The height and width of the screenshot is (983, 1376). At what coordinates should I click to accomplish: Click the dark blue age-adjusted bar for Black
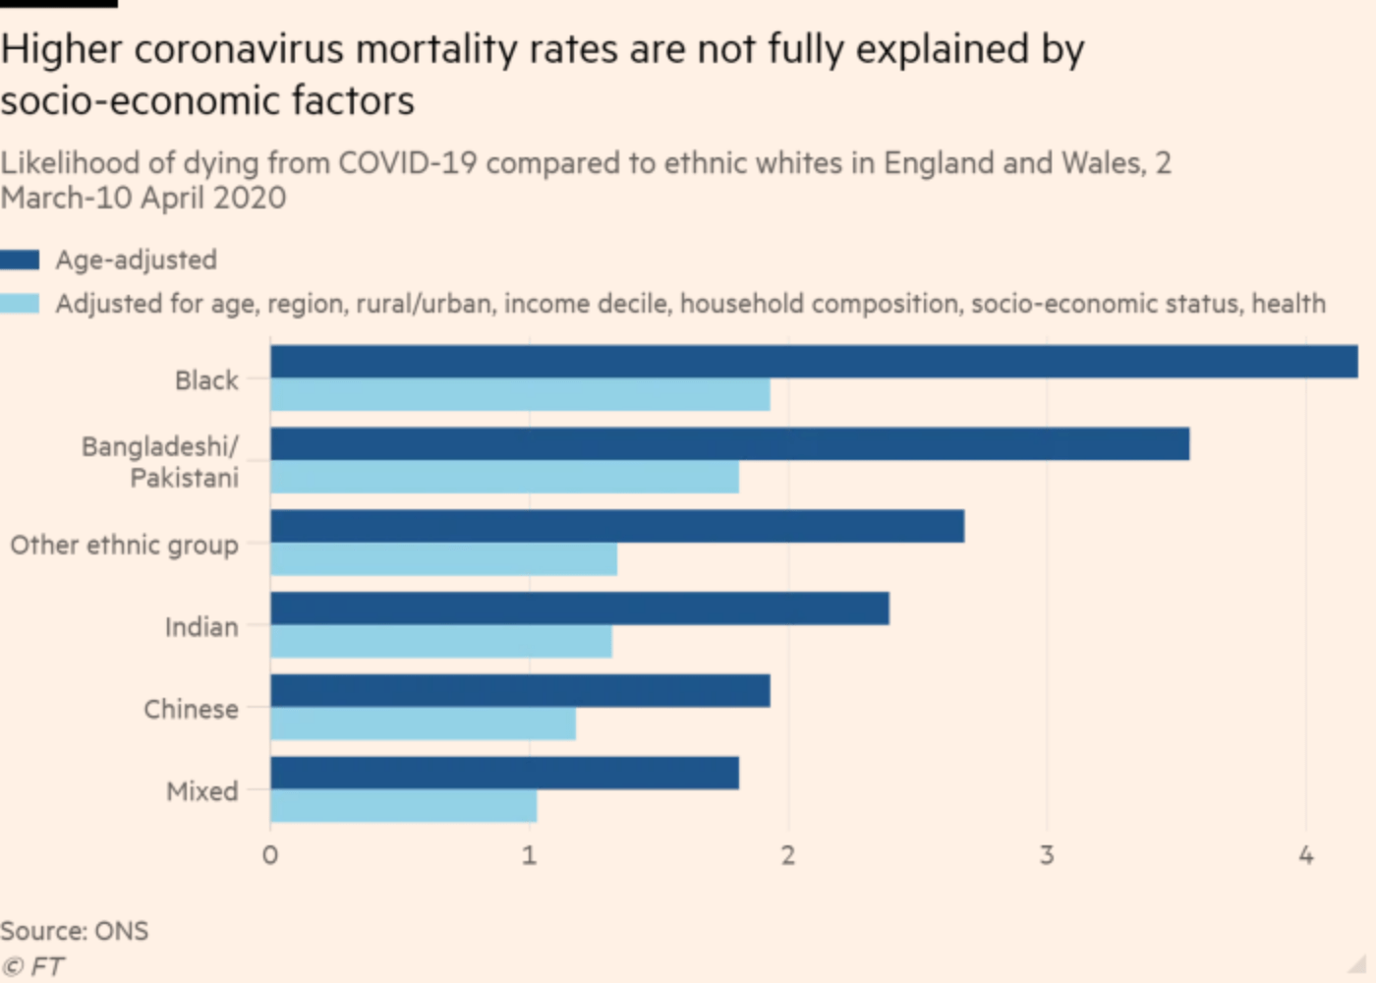point(814,362)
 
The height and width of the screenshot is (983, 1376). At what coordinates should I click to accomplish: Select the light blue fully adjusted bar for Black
point(520,395)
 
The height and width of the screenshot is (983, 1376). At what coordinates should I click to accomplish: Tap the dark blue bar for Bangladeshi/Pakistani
point(729,444)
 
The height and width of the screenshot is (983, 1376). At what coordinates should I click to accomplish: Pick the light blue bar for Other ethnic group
point(443,559)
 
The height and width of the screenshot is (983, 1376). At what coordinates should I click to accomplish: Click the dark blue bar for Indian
point(580,608)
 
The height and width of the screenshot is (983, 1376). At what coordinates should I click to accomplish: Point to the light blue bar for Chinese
point(423,724)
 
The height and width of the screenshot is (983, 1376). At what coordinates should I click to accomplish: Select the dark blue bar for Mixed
point(504,773)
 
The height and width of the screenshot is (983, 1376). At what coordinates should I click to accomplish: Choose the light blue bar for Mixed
point(403,806)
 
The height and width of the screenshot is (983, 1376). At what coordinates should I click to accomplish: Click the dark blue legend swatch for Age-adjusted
point(20,260)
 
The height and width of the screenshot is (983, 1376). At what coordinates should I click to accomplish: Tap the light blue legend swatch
point(20,304)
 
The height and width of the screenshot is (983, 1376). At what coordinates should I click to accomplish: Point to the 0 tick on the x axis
point(270,855)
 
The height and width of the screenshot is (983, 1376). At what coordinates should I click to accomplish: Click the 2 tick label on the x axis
point(787,855)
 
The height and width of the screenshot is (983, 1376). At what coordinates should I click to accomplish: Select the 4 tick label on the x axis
point(1305,855)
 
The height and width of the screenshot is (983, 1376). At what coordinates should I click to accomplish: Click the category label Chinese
point(191,709)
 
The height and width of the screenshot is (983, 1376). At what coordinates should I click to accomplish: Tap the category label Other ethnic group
point(124,545)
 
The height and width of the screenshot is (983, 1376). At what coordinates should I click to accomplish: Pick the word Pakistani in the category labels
point(184,478)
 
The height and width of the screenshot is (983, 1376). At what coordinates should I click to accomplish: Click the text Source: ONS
point(75,931)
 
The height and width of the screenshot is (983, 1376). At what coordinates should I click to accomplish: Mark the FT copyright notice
point(33,967)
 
